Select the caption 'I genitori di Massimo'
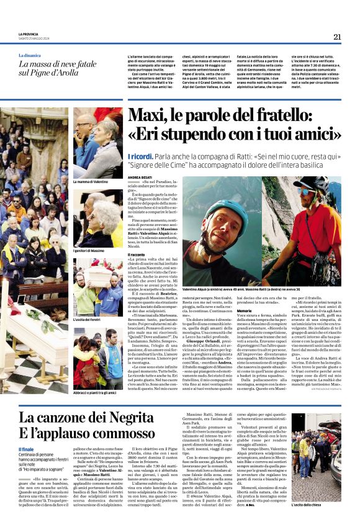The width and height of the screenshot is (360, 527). click(x=89, y=250)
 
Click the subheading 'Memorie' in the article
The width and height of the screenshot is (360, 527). click(x=243, y=310)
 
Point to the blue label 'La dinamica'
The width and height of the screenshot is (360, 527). click(x=34, y=55)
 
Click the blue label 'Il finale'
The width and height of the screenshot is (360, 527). click(x=26, y=449)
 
